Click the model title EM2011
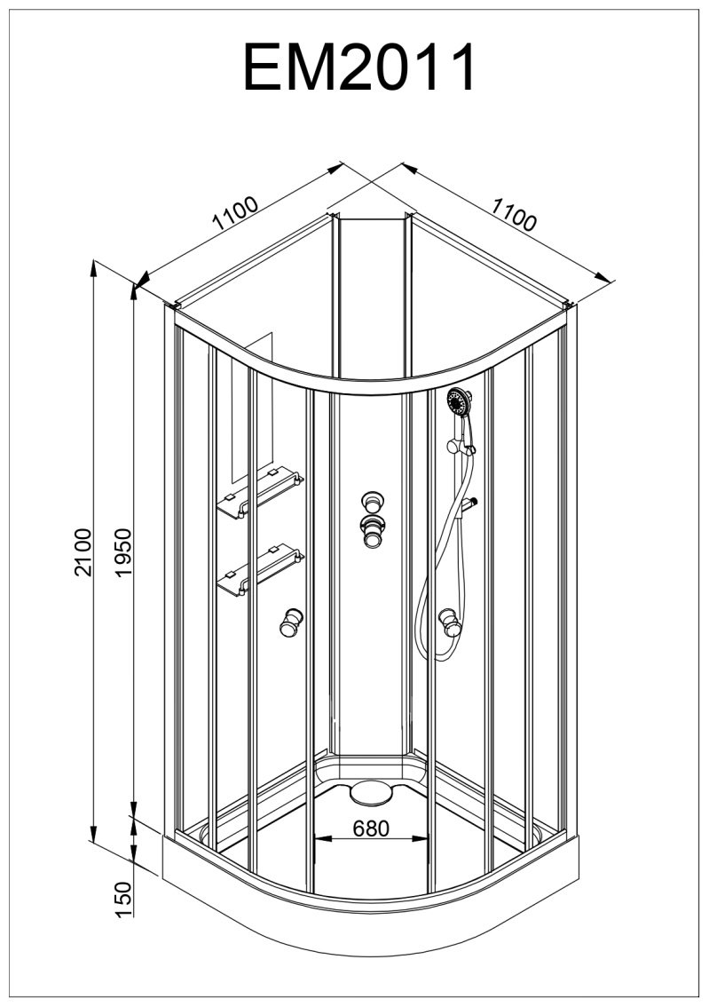tap(359, 68)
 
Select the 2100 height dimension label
tap(84, 552)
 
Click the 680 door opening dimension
tap(371, 829)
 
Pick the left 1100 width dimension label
tap(235, 213)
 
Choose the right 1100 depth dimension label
tap(513, 214)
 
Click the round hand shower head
tap(459, 402)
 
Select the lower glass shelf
tap(260, 570)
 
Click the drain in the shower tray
tap(372, 792)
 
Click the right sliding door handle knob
tap(451, 622)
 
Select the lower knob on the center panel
tap(372, 530)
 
